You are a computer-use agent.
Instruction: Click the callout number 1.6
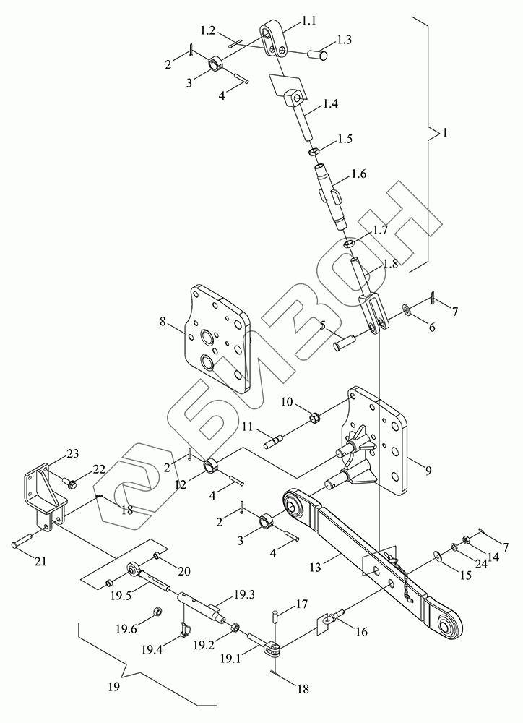(x=358, y=174)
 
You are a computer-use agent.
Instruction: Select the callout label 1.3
(x=343, y=40)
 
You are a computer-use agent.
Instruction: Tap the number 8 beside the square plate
(x=163, y=322)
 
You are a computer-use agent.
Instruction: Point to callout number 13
(x=315, y=567)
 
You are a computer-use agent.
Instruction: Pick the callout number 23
(x=72, y=454)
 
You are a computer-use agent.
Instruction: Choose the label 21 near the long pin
(x=40, y=562)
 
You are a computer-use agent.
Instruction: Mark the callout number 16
(x=362, y=631)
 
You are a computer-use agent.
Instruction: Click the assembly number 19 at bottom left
(x=114, y=687)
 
